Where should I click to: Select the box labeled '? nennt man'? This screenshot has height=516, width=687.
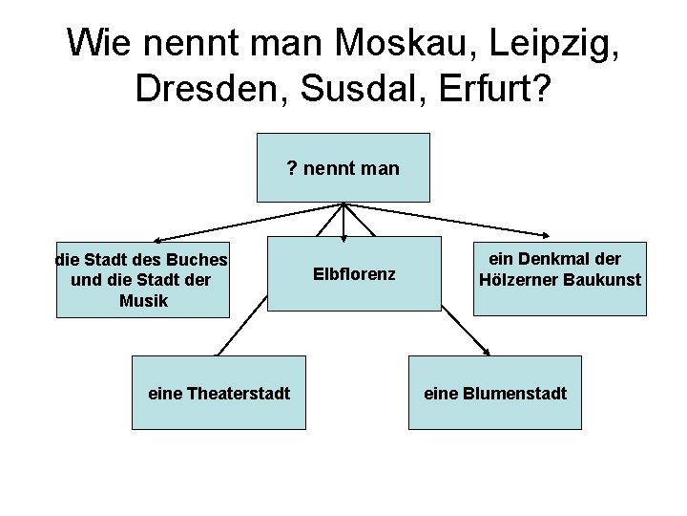343,168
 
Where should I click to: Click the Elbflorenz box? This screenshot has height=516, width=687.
354,274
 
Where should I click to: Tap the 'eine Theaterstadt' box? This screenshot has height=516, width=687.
219,393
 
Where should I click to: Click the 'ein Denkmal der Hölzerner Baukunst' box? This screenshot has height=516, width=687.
558,274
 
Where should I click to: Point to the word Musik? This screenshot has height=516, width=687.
144,301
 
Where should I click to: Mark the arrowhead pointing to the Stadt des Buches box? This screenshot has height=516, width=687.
158,241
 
